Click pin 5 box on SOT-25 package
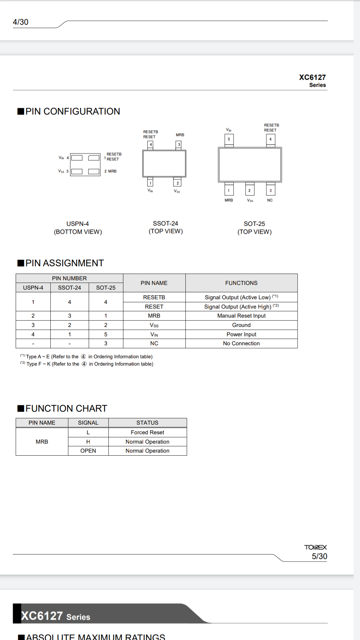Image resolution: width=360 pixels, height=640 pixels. click(229, 139)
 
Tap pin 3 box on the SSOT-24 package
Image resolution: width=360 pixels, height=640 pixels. click(179, 145)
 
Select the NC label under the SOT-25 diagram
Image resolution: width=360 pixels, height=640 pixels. click(270, 200)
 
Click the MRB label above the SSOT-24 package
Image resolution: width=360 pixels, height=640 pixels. click(180, 135)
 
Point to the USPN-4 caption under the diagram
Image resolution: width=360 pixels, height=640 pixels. click(78, 224)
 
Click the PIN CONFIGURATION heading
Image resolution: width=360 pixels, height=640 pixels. click(73, 111)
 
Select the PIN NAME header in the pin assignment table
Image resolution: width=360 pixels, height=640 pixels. click(154, 283)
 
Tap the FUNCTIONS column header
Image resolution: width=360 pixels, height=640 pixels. click(241, 283)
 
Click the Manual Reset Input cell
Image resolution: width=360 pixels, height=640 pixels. click(241, 316)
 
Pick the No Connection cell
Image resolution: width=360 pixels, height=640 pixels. click(241, 343)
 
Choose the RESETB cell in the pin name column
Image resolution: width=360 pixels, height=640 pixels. click(154, 297)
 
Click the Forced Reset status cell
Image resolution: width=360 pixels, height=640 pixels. click(147, 432)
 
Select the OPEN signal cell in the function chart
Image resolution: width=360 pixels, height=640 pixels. click(88, 451)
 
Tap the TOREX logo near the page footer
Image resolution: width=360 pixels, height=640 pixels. click(315, 547)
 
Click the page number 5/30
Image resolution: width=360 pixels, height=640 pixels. click(319, 556)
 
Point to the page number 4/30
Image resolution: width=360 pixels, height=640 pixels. click(21, 22)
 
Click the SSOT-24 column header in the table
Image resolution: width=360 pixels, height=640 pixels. click(69, 288)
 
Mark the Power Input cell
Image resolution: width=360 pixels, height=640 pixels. click(241, 334)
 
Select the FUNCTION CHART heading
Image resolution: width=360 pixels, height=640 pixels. click(66, 408)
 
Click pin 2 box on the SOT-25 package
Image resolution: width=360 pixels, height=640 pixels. click(249, 191)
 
